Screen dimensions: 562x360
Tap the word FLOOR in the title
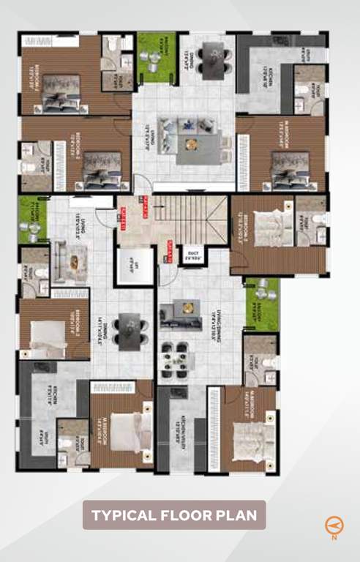[x=186, y=515]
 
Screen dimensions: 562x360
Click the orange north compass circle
[x=333, y=524]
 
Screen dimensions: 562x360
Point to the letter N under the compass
[x=334, y=538]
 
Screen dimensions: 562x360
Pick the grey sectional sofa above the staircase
[x=188, y=141]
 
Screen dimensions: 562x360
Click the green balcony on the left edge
[x=32, y=218]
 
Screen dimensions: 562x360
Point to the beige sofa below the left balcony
[x=70, y=262]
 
